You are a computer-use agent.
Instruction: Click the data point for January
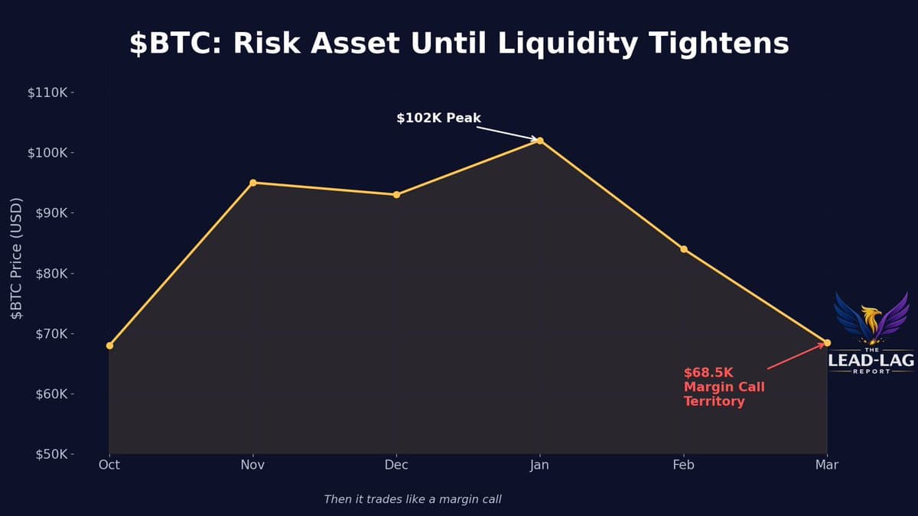(x=540, y=141)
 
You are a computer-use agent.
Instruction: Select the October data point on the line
(x=109, y=346)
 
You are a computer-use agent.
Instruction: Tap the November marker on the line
(x=253, y=183)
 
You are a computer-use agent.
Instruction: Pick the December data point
(x=396, y=195)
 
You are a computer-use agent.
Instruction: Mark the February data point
(x=684, y=249)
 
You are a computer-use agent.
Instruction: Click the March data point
(x=827, y=342)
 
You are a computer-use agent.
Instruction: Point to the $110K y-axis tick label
(x=47, y=92)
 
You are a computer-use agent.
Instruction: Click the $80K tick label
(x=49, y=274)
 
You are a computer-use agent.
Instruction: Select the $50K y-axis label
(x=49, y=454)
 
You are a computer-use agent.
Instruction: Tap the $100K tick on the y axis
(x=47, y=153)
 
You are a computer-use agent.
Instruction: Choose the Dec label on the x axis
(x=396, y=465)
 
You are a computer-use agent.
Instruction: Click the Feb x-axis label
(x=683, y=465)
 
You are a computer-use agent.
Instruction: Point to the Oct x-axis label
(x=109, y=465)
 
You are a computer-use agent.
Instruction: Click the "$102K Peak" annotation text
(x=438, y=118)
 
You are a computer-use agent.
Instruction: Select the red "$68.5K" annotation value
(x=708, y=373)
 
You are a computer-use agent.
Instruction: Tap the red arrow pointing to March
(x=796, y=356)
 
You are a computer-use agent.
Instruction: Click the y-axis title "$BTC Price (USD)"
(x=17, y=258)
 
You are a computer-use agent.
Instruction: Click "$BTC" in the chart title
(x=175, y=44)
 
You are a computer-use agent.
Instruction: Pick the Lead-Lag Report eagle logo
(x=871, y=318)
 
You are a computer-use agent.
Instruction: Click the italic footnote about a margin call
(x=412, y=499)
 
